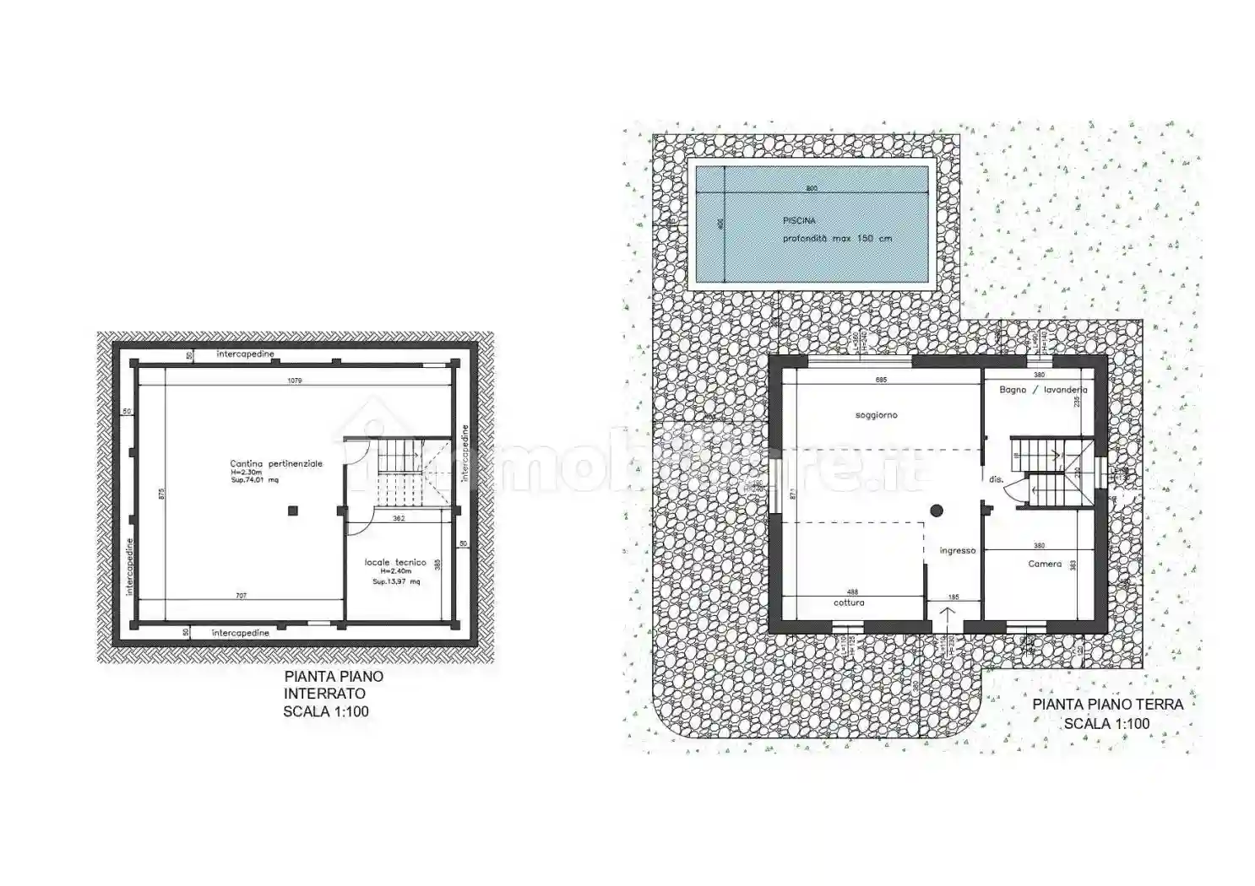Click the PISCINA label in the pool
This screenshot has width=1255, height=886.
click(798, 220)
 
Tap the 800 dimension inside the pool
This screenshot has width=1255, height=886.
click(812, 189)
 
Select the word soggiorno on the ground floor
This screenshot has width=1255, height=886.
click(876, 415)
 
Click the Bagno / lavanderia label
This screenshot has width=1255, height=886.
click(1043, 390)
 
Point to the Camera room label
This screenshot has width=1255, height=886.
click(1045, 564)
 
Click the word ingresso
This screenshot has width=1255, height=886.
click(957, 550)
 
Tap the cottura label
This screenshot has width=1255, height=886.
click(849, 602)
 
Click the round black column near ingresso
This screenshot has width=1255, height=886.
click(937, 510)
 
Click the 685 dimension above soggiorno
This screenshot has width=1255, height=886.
click(881, 380)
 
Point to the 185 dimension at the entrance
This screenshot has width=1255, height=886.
click(953, 597)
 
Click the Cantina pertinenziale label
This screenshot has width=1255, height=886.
click(276, 463)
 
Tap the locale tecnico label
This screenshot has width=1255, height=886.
click(395, 562)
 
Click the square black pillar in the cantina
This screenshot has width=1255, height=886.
click(292, 510)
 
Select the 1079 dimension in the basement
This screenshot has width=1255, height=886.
click(295, 381)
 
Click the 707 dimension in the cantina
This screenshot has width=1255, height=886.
click(241, 596)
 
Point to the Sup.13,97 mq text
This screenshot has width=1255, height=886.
click(396, 581)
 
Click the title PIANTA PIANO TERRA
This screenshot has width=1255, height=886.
click(1108, 704)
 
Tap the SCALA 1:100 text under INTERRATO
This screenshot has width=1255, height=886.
click(326, 711)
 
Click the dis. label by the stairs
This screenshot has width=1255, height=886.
click(997, 479)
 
